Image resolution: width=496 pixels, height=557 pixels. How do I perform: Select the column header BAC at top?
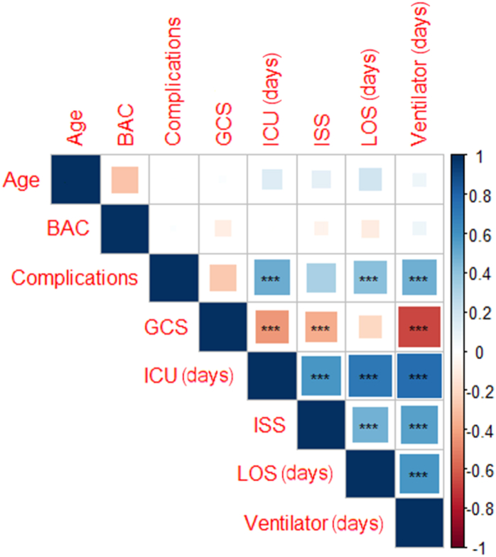[x=126, y=128]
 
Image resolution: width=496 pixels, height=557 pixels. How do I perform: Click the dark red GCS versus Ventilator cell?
[x=419, y=326]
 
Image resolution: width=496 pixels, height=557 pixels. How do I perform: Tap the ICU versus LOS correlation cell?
[x=370, y=375]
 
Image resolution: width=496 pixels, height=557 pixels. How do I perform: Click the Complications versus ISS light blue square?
[x=320, y=277]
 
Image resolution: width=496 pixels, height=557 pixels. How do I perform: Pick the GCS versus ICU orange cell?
[x=271, y=326]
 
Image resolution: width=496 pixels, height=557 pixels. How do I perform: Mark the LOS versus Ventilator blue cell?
[x=419, y=473]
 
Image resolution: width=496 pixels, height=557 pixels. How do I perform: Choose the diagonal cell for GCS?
[x=222, y=326]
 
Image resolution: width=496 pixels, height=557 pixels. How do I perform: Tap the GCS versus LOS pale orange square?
[x=370, y=326]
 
